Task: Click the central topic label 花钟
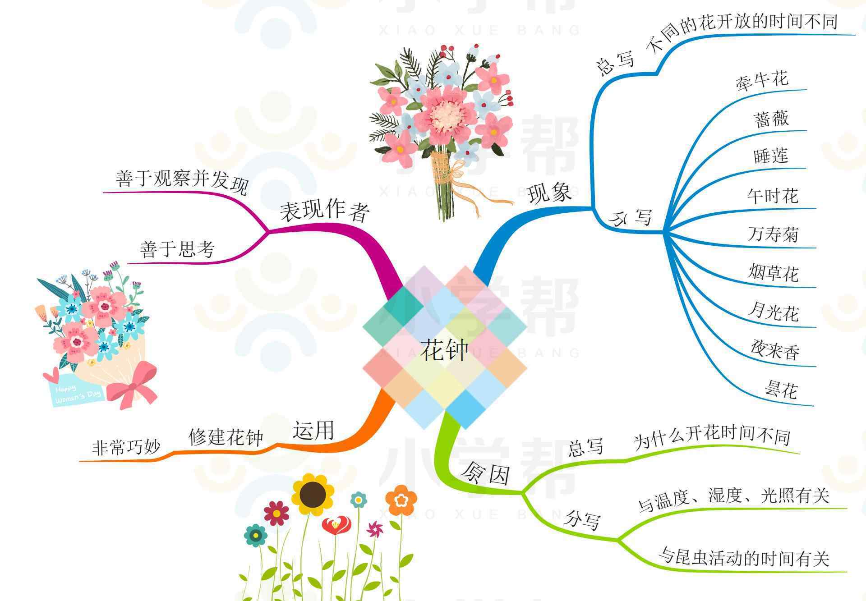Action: pyautogui.click(x=444, y=350)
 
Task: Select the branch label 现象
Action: pyautogui.click(x=550, y=193)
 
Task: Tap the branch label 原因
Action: pyautogui.click(x=485, y=473)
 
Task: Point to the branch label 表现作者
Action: pyautogui.click(x=325, y=211)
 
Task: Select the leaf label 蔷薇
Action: pyautogui.click(x=771, y=119)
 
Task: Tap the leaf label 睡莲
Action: pyautogui.click(x=771, y=156)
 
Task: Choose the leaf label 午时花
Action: pyautogui.click(x=773, y=196)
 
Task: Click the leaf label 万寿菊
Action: pyautogui.click(x=773, y=234)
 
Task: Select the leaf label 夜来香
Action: pyautogui.click(x=775, y=350)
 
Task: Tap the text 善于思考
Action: pyautogui.click(x=177, y=249)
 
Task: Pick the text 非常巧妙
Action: pyautogui.click(x=126, y=447)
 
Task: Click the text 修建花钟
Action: pyautogui.click(x=226, y=436)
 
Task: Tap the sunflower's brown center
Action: pyautogui.click(x=313, y=495)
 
